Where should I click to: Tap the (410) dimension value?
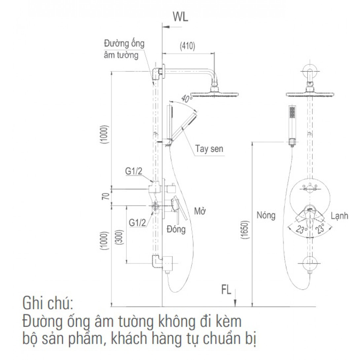click(x=187, y=46)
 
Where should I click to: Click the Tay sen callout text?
click(x=209, y=149)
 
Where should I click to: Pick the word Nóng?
click(x=266, y=216)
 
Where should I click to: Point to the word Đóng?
click(x=176, y=229)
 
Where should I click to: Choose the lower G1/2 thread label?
click(x=137, y=223)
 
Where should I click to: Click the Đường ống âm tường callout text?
click(x=124, y=49)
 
